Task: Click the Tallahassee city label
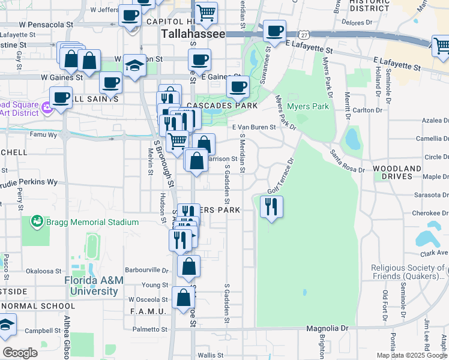193,34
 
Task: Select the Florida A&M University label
91,286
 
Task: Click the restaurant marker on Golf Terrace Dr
271,208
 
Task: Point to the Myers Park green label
308,107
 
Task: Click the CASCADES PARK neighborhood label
221,106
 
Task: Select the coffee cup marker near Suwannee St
274,31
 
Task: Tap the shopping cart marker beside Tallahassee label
206,12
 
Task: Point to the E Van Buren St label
254,127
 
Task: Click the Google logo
20,353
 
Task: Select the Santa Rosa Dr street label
347,162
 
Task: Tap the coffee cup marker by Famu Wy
60,97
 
